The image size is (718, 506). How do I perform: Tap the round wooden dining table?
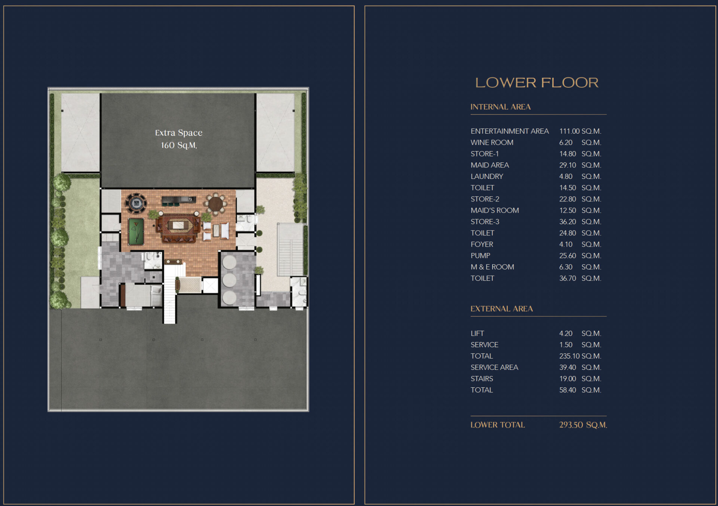[x=215, y=204]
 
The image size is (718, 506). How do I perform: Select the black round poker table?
[x=136, y=204]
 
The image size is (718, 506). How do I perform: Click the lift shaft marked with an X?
[x=210, y=286]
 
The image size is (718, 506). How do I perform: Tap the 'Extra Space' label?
[x=179, y=132]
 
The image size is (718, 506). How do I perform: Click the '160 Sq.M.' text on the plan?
[x=179, y=145]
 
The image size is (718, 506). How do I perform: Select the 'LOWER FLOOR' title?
[x=537, y=83]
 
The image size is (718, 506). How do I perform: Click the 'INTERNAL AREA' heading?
[x=500, y=107]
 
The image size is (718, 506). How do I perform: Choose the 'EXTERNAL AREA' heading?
[x=501, y=309]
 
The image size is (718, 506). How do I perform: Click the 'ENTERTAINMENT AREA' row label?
[x=510, y=131]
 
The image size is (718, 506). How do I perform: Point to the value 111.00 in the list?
[x=569, y=131]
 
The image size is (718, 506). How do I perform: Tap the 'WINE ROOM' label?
[x=492, y=143]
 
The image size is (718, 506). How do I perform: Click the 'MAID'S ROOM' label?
[x=495, y=210]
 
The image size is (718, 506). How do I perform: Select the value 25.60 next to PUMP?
[x=568, y=256]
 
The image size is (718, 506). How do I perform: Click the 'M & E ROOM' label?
[x=492, y=267]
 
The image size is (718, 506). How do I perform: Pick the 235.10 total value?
[x=570, y=356]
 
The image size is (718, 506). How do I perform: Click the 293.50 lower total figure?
[x=571, y=425]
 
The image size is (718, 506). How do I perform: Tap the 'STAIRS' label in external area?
[x=482, y=379]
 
